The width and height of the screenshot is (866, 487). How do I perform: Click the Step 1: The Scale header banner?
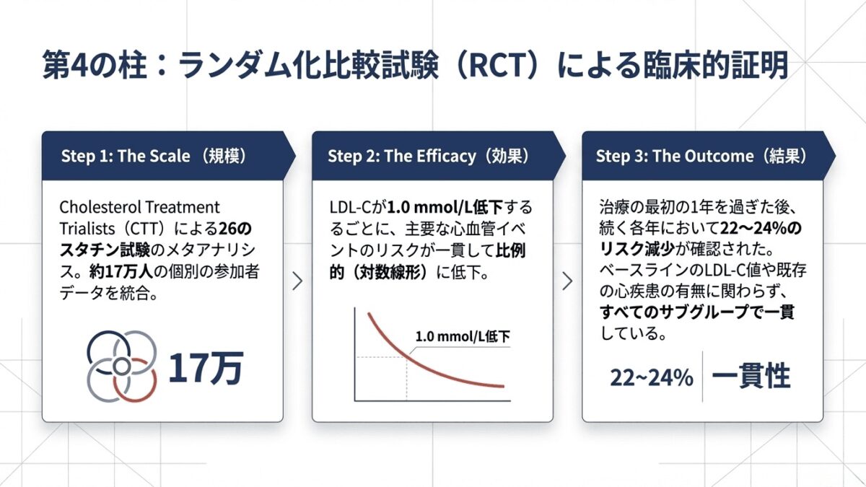point(169,156)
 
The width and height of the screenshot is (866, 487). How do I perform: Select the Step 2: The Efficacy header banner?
point(439,156)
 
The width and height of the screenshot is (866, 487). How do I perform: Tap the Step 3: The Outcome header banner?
point(709,156)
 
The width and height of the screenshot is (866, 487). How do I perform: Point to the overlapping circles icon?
point(122,366)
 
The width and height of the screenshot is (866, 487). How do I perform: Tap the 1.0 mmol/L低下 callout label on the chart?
point(463,336)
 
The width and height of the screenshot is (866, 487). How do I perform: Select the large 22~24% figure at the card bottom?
point(652,377)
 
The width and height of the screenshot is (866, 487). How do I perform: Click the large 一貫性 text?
point(751,376)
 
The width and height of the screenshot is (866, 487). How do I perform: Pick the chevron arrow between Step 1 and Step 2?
point(297,281)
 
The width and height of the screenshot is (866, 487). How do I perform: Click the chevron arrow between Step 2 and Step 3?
point(567,281)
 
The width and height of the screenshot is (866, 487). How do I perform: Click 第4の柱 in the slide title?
point(95,65)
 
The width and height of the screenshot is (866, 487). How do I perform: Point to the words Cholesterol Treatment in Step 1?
point(139,207)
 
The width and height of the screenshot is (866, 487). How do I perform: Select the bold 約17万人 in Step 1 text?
point(121,271)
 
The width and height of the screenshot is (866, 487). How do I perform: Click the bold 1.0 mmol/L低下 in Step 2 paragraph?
point(445,208)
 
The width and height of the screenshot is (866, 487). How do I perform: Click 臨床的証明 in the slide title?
point(715,65)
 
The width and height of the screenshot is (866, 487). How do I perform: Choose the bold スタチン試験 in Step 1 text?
point(105,250)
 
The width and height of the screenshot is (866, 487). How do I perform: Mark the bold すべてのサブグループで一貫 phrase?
point(697,312)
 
